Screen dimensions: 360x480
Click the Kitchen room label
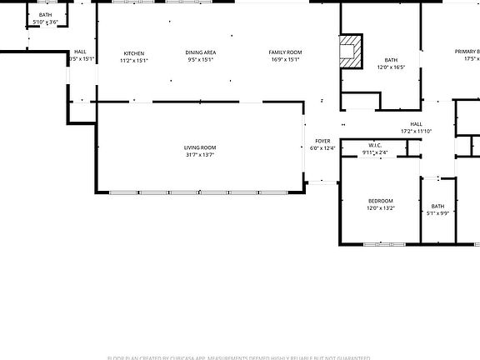coord(133,53)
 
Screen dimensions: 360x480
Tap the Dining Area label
coord(201,53)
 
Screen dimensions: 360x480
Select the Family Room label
coord(285,53)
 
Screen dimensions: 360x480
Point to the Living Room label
coord(200,147)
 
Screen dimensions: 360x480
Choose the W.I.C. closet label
coord(375,146)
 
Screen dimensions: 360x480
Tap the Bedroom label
coord(381,201)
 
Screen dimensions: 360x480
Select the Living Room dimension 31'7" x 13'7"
coord(200,154)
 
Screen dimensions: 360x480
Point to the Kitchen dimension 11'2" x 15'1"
coord(133,60)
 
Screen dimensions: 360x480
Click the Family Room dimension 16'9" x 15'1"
coord(285,60)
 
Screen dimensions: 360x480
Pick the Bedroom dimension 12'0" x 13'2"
coord(381,207)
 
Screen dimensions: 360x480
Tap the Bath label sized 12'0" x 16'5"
coord(392,60)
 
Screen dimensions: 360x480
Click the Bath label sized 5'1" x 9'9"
coord(437,207)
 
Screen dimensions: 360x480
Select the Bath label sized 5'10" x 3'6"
coord(45,15)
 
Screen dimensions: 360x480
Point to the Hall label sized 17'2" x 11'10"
coord(416,124)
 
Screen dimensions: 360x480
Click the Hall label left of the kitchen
coord(80,52)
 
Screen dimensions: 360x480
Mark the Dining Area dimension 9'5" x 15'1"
coord(201,60)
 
